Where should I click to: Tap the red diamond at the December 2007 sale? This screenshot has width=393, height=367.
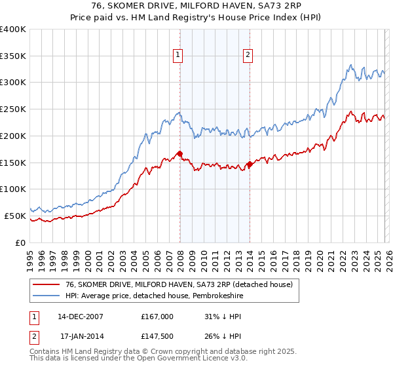179,155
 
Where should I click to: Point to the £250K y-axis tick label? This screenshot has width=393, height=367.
13,109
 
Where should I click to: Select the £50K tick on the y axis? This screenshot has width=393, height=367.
15,216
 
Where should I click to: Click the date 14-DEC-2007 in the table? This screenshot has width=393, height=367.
80,316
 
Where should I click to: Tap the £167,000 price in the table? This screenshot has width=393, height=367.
157,316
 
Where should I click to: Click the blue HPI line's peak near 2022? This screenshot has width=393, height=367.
351,65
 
